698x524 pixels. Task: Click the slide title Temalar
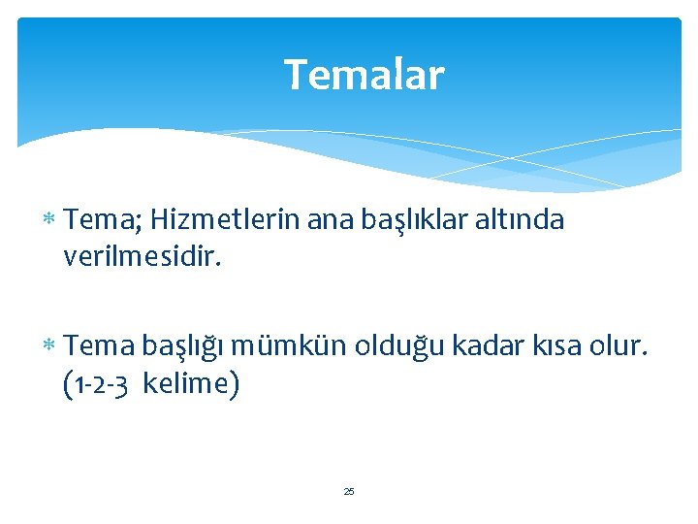[364, 75]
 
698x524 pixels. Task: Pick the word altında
[521, 221]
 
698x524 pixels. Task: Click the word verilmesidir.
[143, 256]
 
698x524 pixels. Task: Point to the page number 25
[349, 492]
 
